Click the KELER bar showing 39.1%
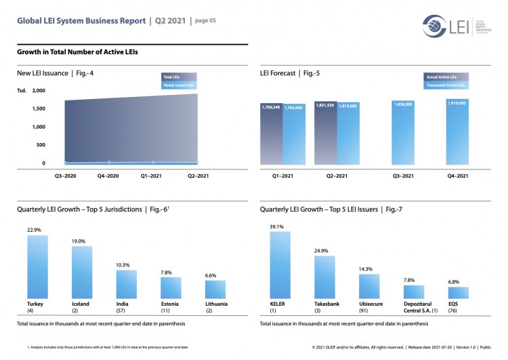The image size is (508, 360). coord(280,265)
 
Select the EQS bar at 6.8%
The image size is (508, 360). coord(458,292)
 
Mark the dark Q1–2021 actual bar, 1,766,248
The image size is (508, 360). coord(271,134)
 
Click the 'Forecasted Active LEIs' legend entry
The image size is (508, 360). coord(445,85)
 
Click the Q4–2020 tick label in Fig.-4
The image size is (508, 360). coord(108,176)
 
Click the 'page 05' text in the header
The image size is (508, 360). coord(205,21)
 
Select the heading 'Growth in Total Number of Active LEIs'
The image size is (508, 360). coord(79,52)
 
